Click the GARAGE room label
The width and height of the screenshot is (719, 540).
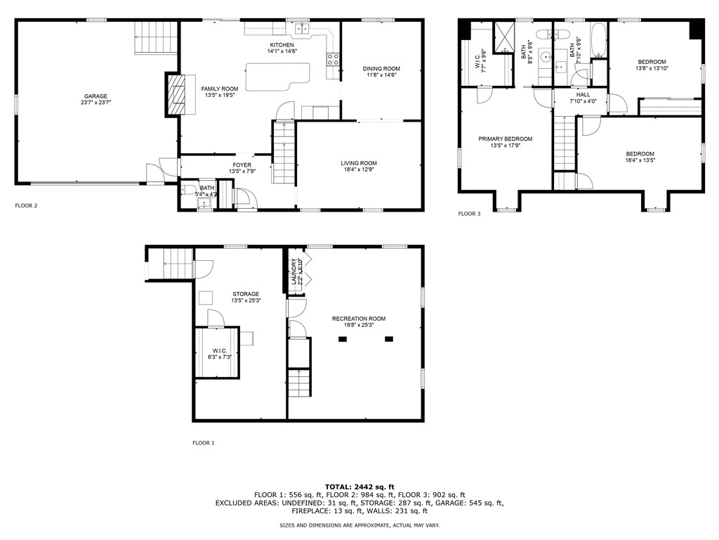click(x=95, y=96)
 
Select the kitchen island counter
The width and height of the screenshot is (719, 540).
click(x=277, y=76)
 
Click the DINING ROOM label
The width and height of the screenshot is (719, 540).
click(x=381, y=68)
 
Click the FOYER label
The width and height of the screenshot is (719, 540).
click(x=242, y=165)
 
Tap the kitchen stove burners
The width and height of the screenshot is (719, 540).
click(x=333, y=60)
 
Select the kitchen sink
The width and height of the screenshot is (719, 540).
click(x=302, y=28)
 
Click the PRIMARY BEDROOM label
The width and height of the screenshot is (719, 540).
click(x=506, y=139)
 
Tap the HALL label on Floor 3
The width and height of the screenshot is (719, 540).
click(x=583, y=94)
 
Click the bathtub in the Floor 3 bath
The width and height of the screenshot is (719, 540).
click(x=598, y=41)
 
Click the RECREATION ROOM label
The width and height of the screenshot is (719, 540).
click(x=359, y=319)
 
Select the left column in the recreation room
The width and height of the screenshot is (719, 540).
click(x=343, y=339)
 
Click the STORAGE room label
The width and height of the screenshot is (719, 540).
click(x=246, y=294)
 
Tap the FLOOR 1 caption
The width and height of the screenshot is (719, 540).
click(x=204, y=443)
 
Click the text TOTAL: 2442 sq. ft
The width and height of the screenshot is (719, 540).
click(x=359, y=487)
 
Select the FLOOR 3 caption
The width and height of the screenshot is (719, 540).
click(x=469, y=214)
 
